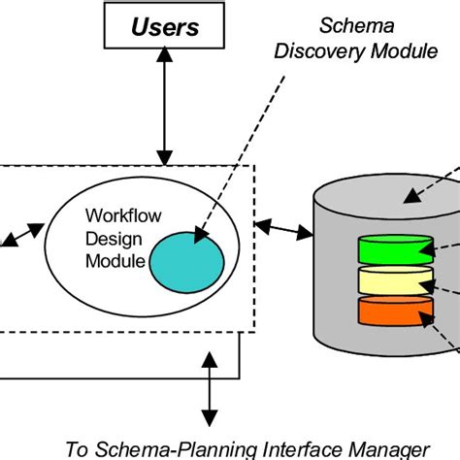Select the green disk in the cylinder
[x=395, y=248]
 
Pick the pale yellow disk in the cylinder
[x=395, y=282]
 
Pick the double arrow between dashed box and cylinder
[x=283, y=231]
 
